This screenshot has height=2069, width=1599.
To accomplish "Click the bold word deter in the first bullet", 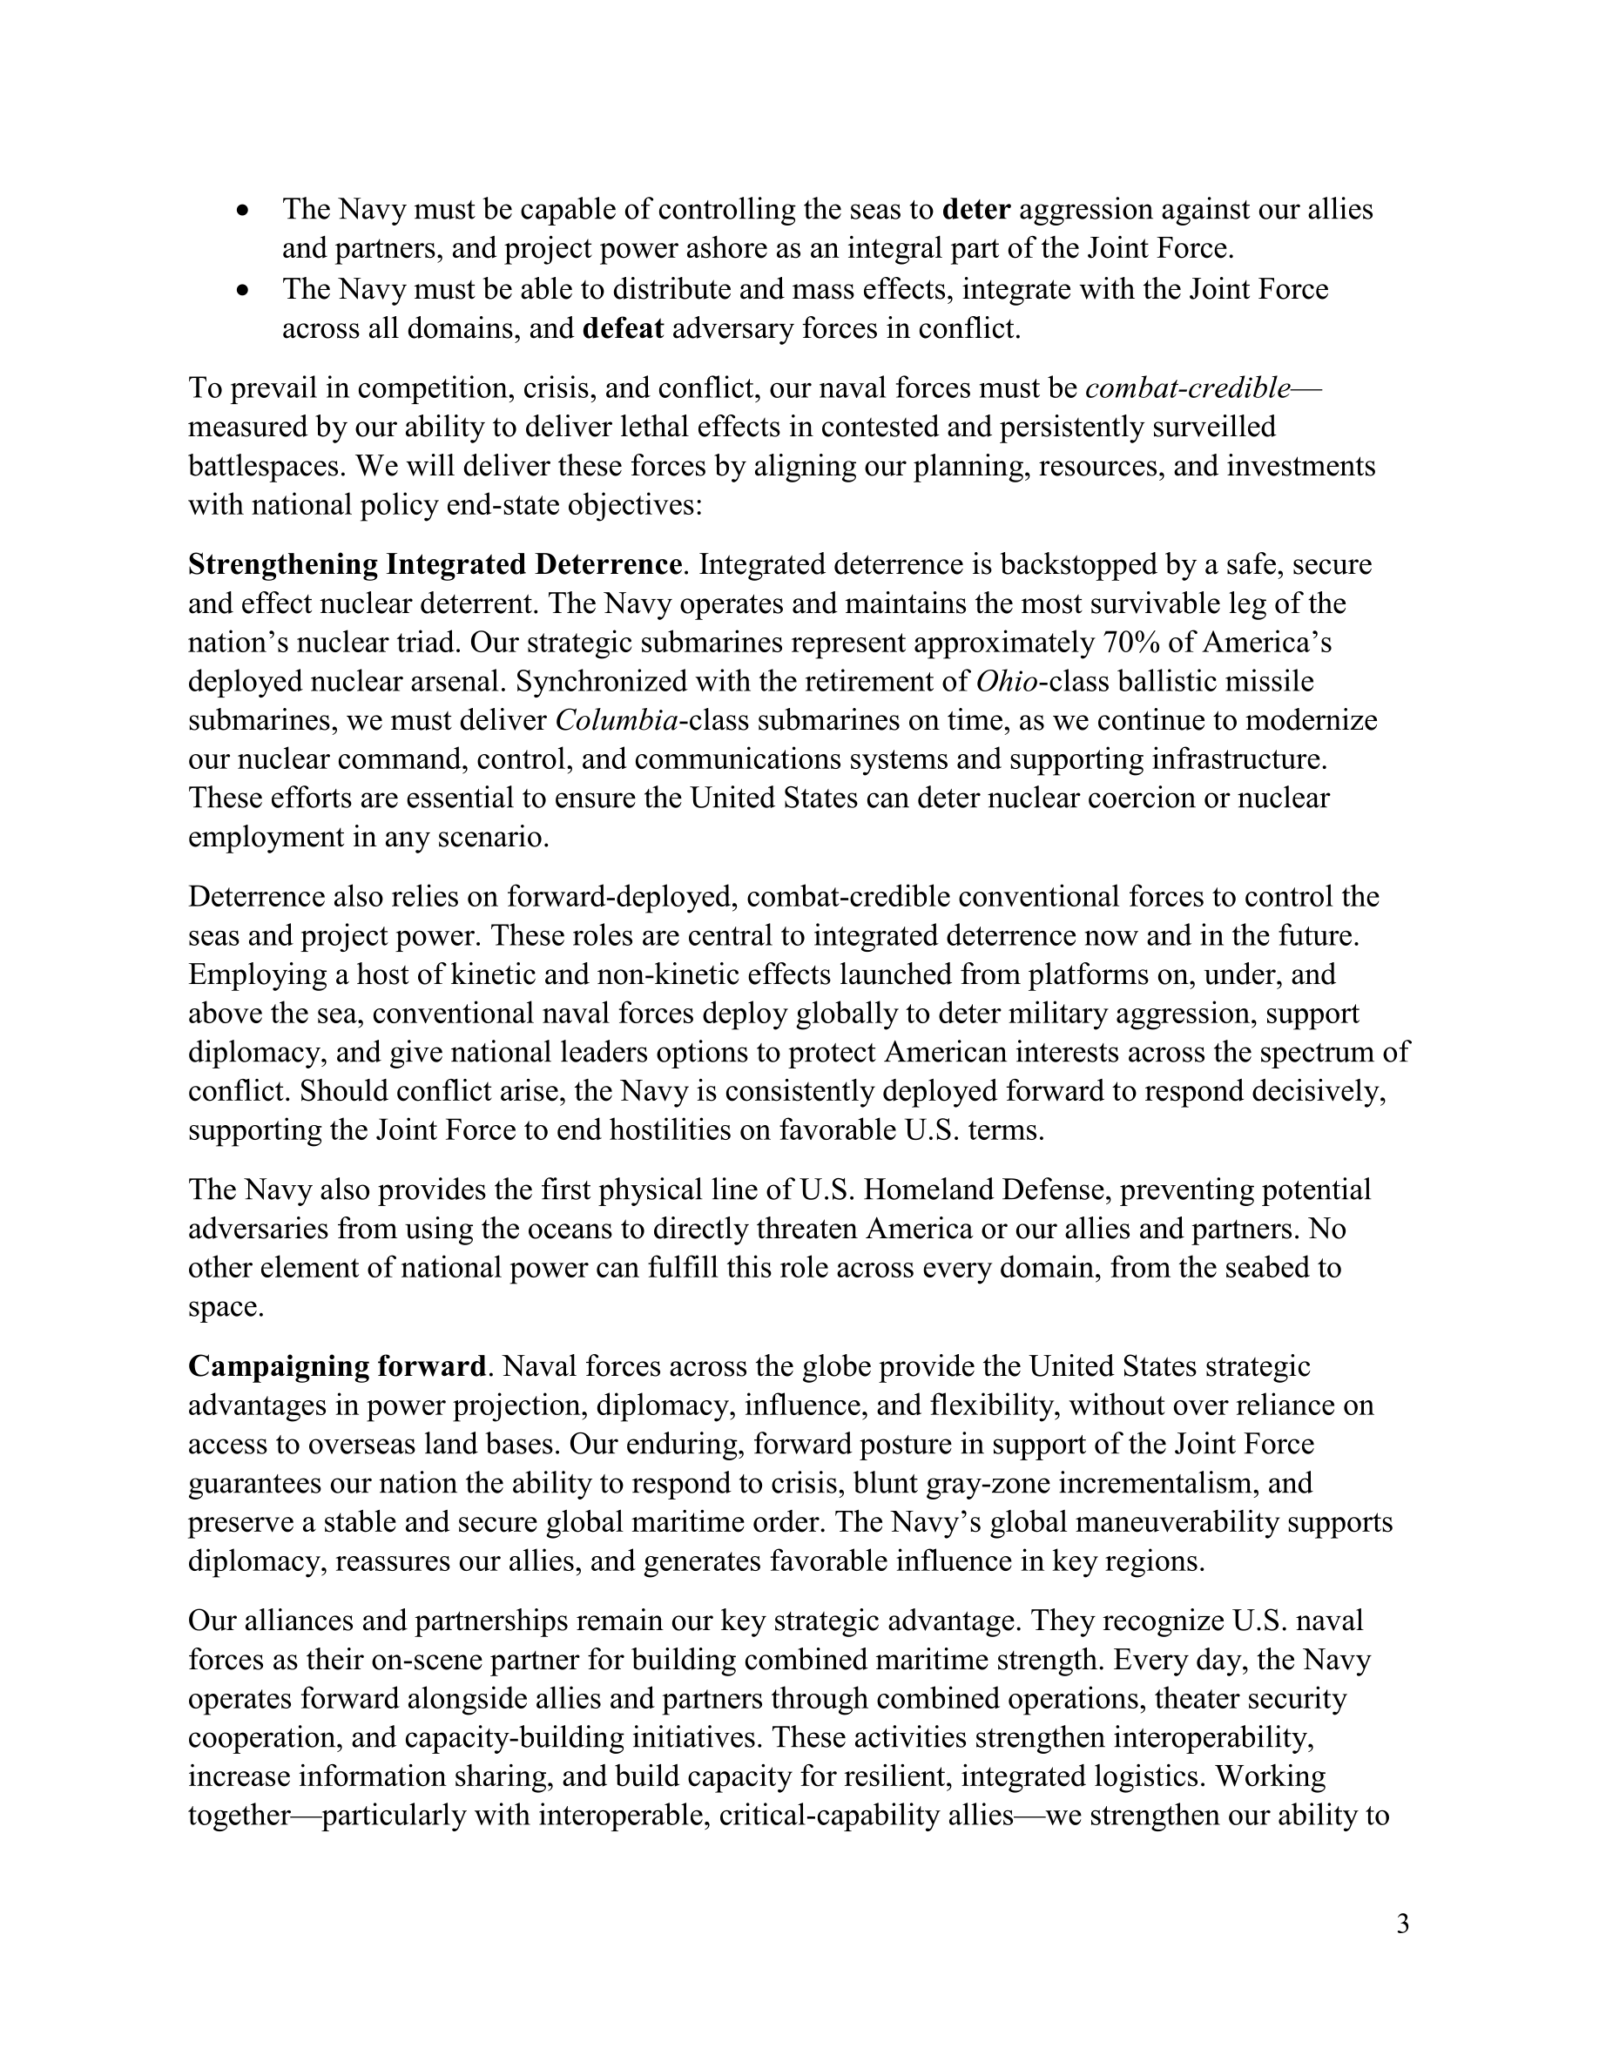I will point(976,209).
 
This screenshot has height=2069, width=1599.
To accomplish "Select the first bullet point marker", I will point(245,211).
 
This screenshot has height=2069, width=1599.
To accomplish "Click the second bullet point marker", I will point(245,290).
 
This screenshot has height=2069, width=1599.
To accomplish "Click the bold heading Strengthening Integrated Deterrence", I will point(435,564).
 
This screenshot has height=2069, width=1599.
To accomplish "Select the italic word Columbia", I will point(617,721).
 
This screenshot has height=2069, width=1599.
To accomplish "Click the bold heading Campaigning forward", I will point(337,1366).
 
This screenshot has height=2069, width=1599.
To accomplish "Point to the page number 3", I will point(1403,1924).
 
